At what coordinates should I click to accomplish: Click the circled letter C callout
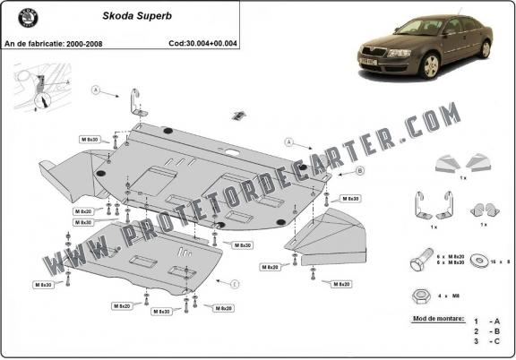point(235,284)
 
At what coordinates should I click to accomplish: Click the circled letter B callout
point(334,170)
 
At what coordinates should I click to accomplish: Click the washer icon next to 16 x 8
point(486,261)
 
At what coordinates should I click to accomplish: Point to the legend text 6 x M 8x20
point(457,256)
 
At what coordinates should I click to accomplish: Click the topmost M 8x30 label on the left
point(90,141)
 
